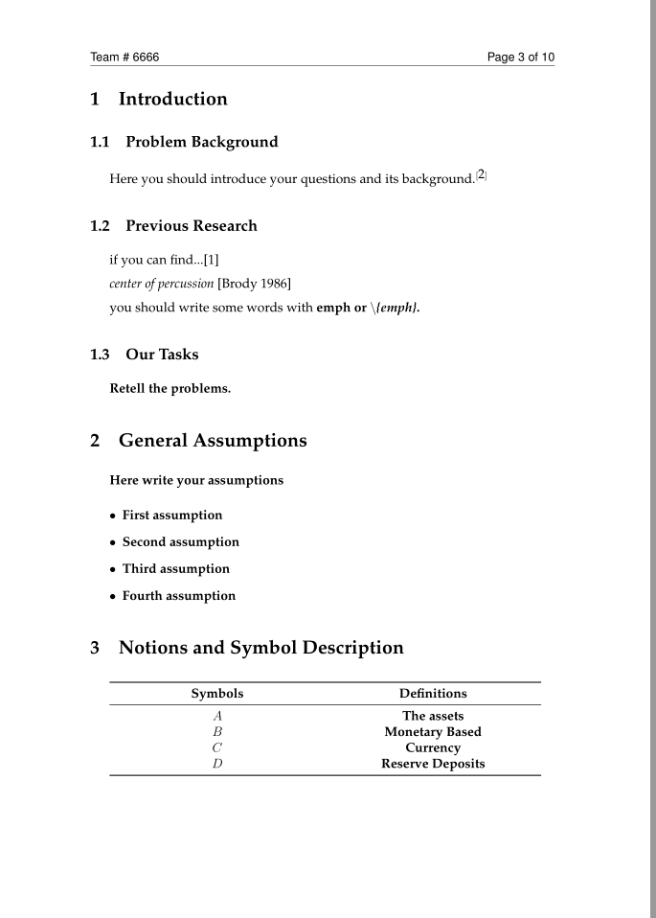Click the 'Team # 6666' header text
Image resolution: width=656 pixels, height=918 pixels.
[124, 57]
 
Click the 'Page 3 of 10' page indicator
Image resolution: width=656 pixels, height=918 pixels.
[520, 57]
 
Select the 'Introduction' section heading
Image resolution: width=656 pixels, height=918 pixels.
[172, 99]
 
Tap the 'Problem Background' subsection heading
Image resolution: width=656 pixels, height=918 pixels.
[201, 142]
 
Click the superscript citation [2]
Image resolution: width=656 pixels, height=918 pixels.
[482, 175]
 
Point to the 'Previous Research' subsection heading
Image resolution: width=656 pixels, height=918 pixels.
[191, 226]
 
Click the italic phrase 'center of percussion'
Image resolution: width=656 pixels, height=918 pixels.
[162, 284]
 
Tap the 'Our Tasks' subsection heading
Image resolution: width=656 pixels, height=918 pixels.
[162, 355]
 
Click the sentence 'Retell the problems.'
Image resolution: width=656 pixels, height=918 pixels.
[170, 389]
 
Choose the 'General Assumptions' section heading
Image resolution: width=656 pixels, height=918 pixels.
[213, 441]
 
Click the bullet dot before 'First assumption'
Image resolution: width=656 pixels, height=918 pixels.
[113, 516]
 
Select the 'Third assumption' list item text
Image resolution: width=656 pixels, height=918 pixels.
[176, 569]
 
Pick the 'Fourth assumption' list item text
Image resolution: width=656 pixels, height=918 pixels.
[179, 596]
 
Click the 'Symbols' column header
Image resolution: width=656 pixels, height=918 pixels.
[217, 693]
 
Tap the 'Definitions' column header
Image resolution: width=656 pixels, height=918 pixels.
[433, 693]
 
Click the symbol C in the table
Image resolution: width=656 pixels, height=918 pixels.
[217, 747]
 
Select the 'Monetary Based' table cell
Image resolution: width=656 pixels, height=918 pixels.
[433, 732]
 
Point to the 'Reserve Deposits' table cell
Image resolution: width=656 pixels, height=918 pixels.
[433, 764]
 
